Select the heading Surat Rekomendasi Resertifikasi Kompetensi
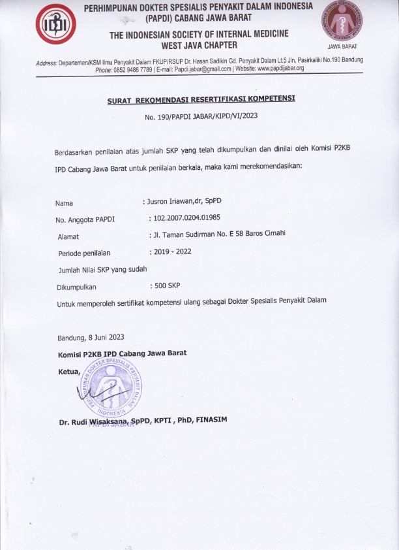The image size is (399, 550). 201,99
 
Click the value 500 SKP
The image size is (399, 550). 166,286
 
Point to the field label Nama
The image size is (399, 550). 64,202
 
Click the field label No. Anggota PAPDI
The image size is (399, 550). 85,219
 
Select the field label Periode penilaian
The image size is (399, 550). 85,252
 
